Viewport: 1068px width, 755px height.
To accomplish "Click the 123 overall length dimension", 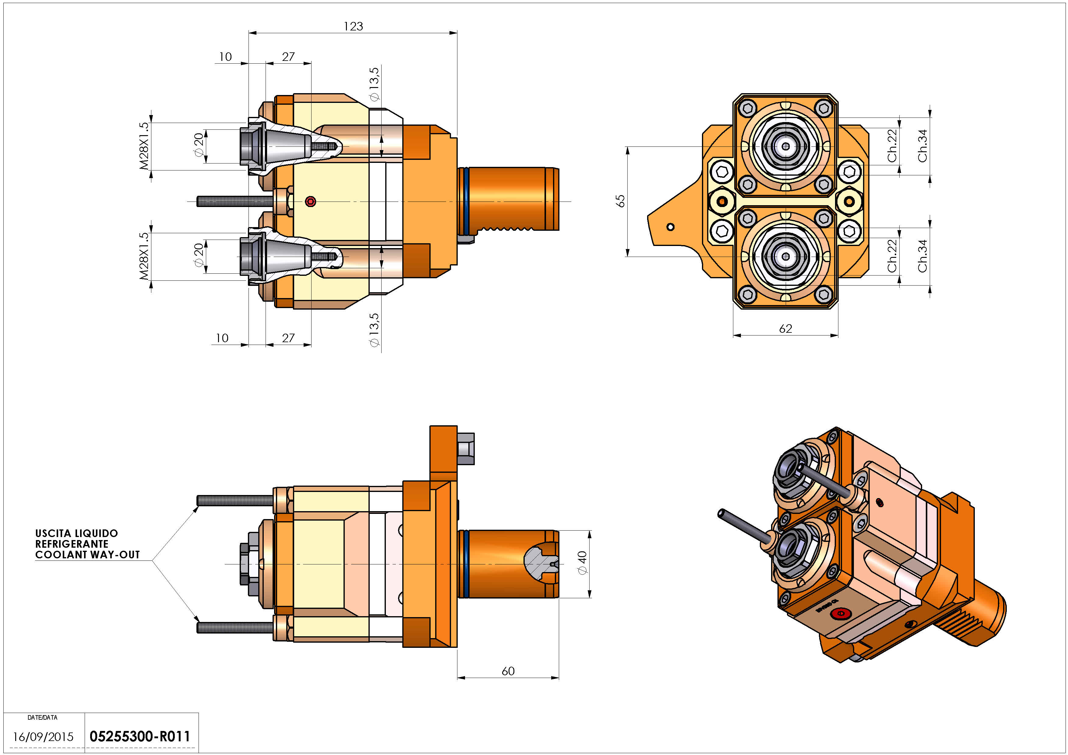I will [x=353, y=26].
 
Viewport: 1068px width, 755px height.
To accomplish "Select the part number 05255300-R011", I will [x=139, y=736].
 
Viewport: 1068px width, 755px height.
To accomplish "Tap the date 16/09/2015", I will [x=43, y=737].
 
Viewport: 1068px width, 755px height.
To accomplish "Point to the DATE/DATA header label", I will [x=42, y=717].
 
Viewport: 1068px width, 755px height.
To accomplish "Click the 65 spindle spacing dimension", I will [x=620, y=201].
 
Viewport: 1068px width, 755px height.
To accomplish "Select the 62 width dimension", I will [x=785, y=329].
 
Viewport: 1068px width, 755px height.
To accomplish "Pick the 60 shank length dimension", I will [x=508, y=671].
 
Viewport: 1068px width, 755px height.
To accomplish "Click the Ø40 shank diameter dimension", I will [x=582, y=563].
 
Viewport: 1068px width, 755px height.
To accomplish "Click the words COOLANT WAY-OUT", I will [x=87, y=555].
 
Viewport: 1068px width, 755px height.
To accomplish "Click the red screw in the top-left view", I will [x=311, y=201].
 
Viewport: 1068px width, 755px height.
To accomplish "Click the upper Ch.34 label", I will [x=922, y=146].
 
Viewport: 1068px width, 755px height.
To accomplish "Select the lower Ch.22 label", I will [x=892, y=256].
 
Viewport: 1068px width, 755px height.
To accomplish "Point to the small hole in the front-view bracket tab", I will [x=670, y=227].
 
